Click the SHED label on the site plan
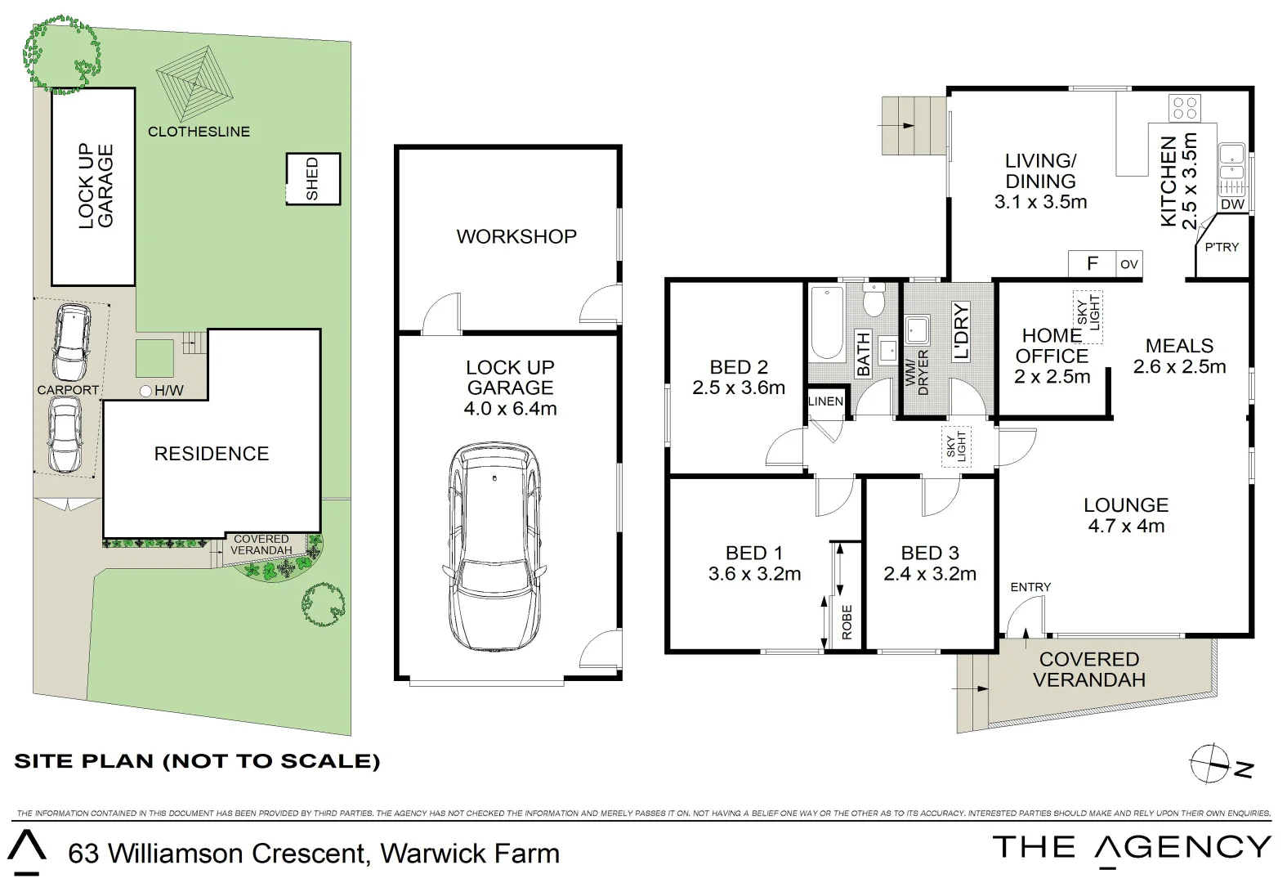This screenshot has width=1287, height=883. pos(312,179)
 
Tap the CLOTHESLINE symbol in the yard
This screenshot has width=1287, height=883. pos(194,84)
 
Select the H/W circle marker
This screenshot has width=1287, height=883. pos(145,392)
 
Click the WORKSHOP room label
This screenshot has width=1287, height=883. pos(516,236)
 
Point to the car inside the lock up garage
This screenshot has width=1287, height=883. pos(494,547)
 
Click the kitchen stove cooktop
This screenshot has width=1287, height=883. pos(1185,108)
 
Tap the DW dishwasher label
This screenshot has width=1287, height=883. pos(1232,204)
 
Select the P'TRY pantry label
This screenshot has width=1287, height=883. pos(1222,247)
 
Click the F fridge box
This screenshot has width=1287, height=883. pos(1093,264)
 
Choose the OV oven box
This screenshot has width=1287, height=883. pos(1129,264)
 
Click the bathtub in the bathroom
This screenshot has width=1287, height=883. pos(827,322)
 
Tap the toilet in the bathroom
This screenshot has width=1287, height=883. pos(874,299)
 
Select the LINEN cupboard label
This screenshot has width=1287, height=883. pos(825,401)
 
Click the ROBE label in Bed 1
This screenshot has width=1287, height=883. pos(847,622)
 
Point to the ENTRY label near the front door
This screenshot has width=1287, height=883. pos(1030,587)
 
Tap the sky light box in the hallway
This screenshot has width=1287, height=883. pos(956,446)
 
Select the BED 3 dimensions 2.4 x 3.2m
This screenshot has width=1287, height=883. pos(930,574)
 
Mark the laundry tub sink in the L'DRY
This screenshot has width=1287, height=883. pos(918,330)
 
